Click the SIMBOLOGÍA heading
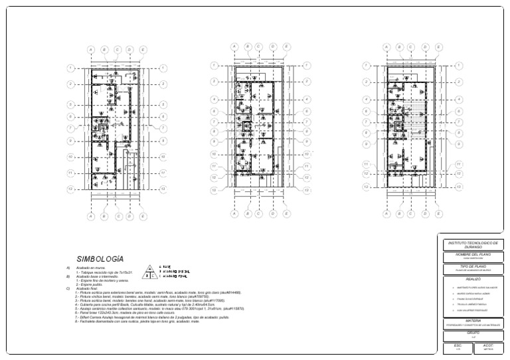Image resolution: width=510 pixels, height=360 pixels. [100, 259]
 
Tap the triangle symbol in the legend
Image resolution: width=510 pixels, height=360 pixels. [151, 271]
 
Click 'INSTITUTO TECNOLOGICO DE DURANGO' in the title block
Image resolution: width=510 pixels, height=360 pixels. [473, 244]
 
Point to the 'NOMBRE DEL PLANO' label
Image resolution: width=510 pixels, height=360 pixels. [473, 254]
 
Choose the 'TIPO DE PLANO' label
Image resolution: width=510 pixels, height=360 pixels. [473, 266]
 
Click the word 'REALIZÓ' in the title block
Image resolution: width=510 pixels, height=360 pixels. [473, 280]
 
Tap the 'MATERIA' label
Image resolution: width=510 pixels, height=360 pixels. [473, 321]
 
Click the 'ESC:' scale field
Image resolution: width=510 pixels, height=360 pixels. [458, 345]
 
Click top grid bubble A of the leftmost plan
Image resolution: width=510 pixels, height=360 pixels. [92, 49]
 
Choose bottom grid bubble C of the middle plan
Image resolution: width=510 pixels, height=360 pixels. [260, 214]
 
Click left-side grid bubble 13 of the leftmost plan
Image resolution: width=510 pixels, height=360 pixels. [70, 188]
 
